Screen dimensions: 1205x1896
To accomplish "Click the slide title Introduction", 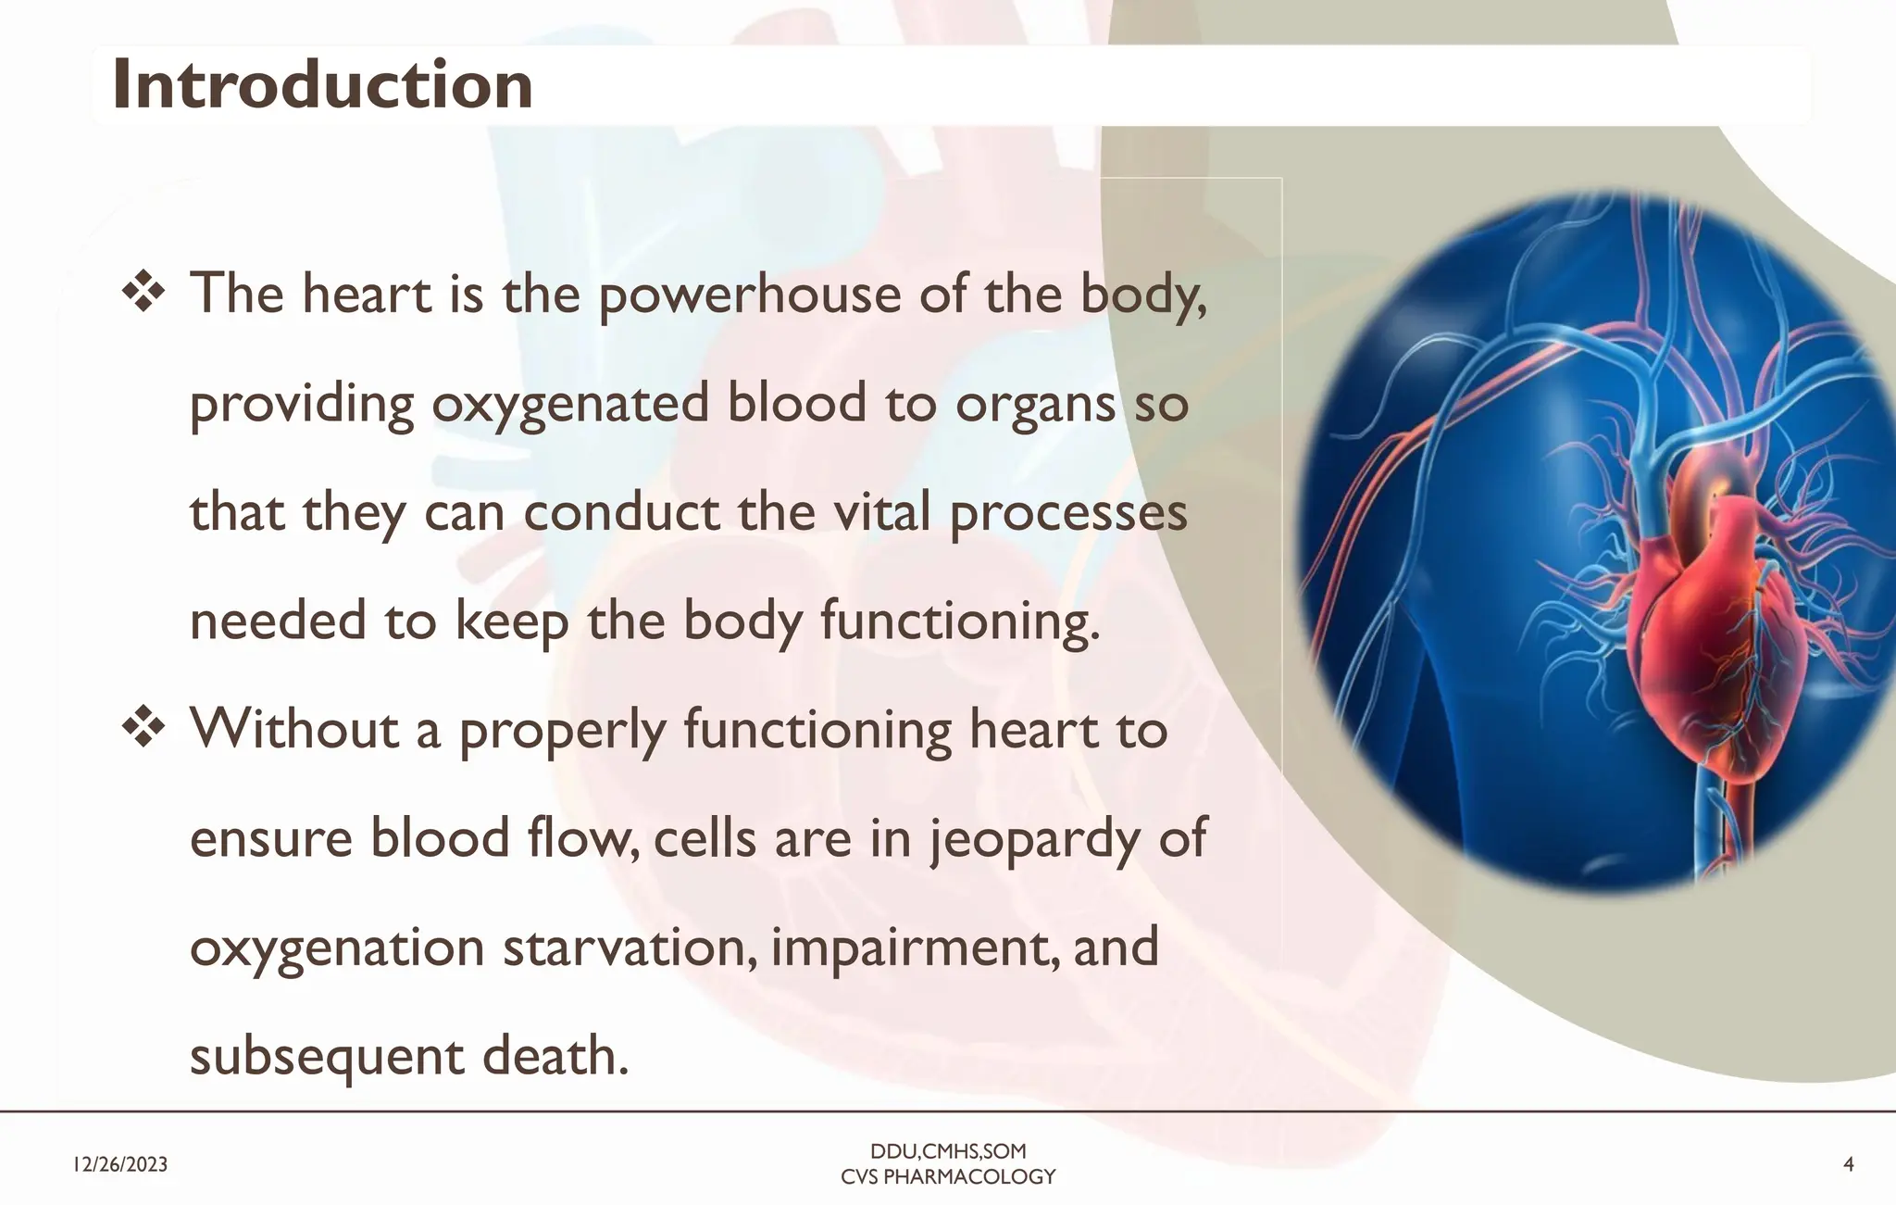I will pos(322,85).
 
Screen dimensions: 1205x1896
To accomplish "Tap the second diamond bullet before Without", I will pos(143,729).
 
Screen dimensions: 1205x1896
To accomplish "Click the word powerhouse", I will pos(749,296).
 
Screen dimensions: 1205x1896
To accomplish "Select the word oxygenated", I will pos(570,406).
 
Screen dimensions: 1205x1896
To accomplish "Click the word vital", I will pos(881,513).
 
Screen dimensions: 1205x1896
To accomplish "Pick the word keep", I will pos(511,622).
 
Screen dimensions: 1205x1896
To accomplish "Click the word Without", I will pos(294,730).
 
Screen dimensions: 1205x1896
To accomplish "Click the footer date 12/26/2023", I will pos(120,1164).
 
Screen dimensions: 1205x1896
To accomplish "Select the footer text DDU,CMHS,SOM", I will pos(948,1151).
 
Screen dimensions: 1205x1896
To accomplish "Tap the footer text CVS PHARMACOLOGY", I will pos(948,1177).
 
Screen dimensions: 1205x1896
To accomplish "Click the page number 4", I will pos(1848,1164).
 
